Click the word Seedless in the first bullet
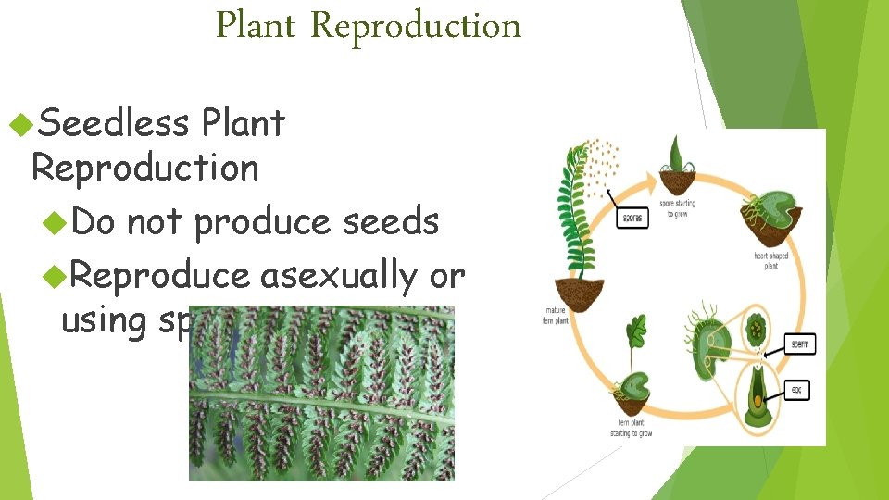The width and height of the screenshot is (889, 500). (x=115, y=122)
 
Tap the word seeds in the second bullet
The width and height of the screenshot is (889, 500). (x=398, y=221)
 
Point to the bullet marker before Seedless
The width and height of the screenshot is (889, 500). (x=19, y=122)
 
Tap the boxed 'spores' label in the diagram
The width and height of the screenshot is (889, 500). (x=633, y=218)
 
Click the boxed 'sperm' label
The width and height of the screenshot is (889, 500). (x=799, y=344)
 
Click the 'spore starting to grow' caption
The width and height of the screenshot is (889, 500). (x=678, y=207)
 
